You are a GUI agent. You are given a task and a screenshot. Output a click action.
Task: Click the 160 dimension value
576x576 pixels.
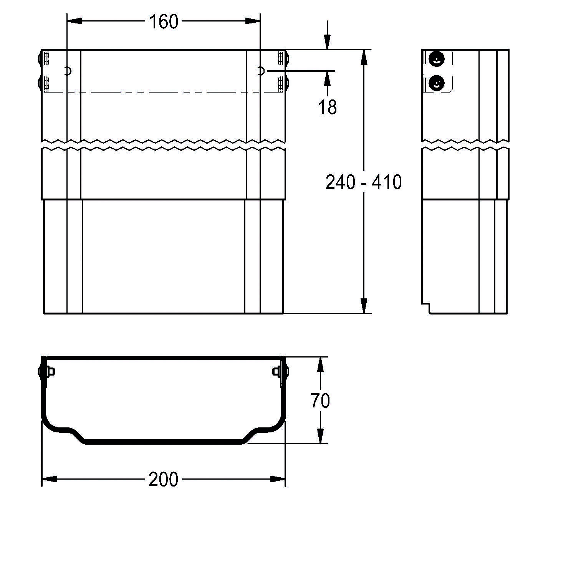tap(164, 22)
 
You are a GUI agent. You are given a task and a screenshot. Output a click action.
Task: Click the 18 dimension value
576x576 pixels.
tap(328, 107)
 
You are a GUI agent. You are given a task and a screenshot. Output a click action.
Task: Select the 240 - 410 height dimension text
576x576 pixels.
tap(363, 182)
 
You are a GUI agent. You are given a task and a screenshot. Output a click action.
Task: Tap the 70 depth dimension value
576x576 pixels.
tap(320, 401)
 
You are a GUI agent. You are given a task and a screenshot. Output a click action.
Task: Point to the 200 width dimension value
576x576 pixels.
tap(164, 480)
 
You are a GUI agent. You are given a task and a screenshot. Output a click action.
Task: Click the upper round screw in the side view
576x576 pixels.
tap(436, 59)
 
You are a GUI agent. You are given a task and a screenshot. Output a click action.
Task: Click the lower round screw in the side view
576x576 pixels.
tap(436, 83)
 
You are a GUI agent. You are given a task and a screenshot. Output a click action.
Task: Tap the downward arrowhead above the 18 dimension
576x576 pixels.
tap(327, 41)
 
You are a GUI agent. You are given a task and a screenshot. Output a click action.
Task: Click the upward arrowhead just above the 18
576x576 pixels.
tap(327, 78)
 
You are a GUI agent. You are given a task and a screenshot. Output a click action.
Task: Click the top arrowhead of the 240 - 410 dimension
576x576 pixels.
tap(364, 58)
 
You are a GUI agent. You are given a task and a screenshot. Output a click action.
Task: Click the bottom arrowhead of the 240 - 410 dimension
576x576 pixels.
tap(364, 306)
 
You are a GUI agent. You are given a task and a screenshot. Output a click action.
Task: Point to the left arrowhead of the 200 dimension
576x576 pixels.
tap(49, 479)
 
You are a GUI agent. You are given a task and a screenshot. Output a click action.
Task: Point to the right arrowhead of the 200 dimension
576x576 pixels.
tap(278, 479)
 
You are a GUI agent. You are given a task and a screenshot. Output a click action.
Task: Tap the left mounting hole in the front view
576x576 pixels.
tap(68, 71)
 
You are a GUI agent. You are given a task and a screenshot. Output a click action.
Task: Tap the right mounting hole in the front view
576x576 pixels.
tap(260, 71)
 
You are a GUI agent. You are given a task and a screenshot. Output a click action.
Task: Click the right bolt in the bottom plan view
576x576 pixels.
tap(280, 371)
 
